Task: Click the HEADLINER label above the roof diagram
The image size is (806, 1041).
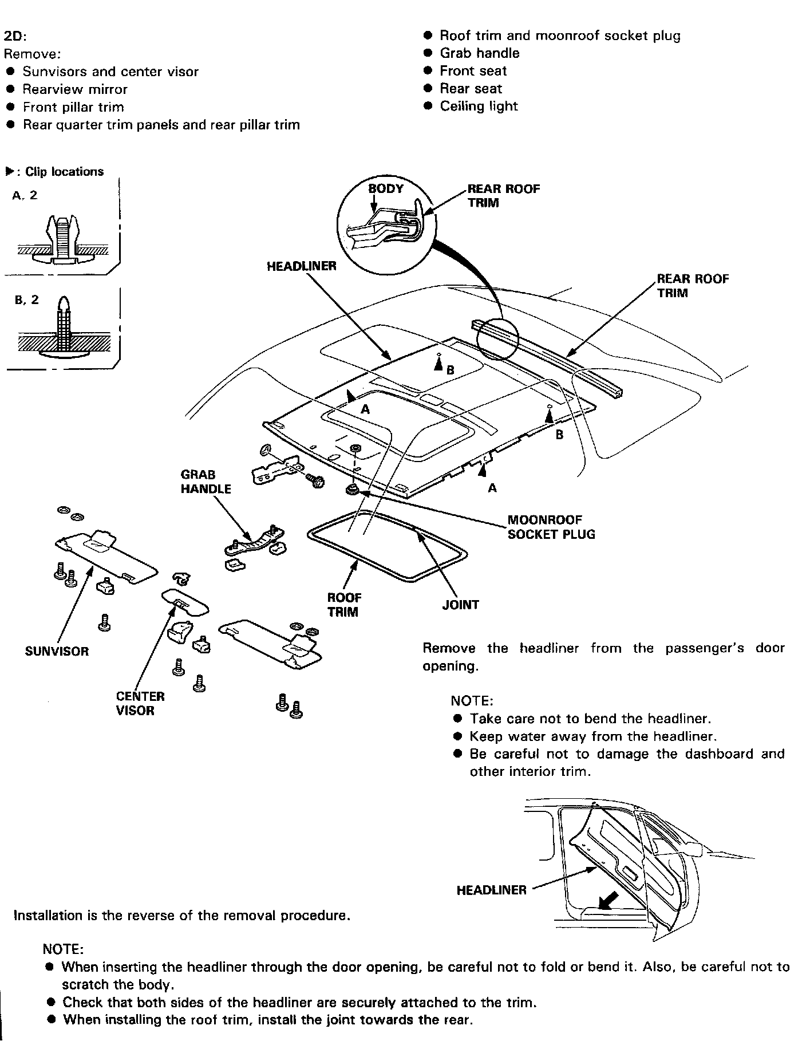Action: [x=301, y=266]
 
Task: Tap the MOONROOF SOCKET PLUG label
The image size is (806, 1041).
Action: [x=551, y=527]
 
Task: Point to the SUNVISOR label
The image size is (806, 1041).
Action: [x=57, y=651]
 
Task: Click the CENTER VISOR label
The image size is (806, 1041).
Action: [x=140, y=703]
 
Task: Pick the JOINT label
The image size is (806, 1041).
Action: [x=460, y=605]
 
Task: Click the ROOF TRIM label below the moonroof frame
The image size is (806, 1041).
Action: [x=343, y=605]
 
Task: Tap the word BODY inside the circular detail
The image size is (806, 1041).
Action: [x=385, y=189]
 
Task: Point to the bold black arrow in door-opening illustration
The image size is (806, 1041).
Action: [x=608, y=900]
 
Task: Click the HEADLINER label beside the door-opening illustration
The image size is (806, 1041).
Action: [x=491, y=890]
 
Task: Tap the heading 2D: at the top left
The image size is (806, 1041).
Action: [x=15, y=37]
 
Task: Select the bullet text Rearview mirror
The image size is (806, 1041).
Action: [x=74, y=89]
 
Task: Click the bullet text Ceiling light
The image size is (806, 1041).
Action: [x=478, y=107]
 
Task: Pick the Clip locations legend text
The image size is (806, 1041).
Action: [x=64, y=172]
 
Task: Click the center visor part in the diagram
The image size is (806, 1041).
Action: [x=184, y=602]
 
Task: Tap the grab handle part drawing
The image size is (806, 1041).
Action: [x=255, y=541]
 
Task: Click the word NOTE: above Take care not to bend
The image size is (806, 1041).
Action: [x=471, y=701]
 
